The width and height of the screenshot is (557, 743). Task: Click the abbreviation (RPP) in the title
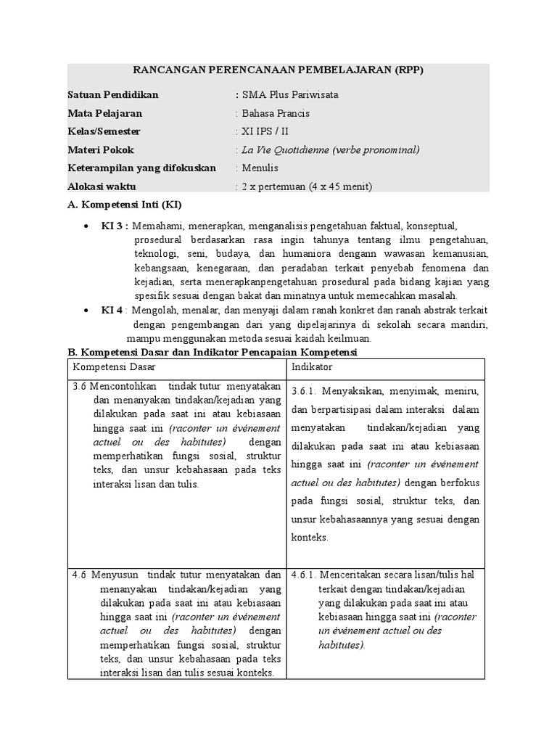point(409,70)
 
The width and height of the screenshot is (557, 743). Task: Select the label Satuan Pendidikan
point(112,94)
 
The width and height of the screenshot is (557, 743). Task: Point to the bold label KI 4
point(112,310)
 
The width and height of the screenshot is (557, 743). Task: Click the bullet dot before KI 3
point(86,226)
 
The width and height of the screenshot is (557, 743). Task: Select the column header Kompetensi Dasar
point(114,368)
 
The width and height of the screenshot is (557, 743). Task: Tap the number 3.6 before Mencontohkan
point(80,385)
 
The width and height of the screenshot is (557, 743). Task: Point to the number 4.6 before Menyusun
point(80,575)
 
